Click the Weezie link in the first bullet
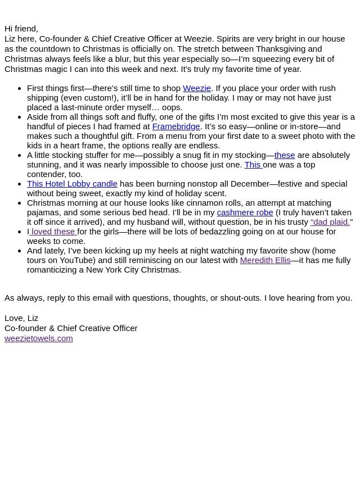coord(197,88)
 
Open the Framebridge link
coord(176,126)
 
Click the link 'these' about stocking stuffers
coord(285,155)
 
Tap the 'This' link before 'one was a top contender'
coord(253,165)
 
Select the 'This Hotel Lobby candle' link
coord(72,184)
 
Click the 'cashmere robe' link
coord(245,212)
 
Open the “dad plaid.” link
coord(330,222)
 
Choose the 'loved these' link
coord(53,232)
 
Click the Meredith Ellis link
coord(265,260)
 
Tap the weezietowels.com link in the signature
coord(38,338)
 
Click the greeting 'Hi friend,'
coord(21,29)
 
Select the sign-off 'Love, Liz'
coord(21,318)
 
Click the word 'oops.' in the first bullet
coord(172,107)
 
